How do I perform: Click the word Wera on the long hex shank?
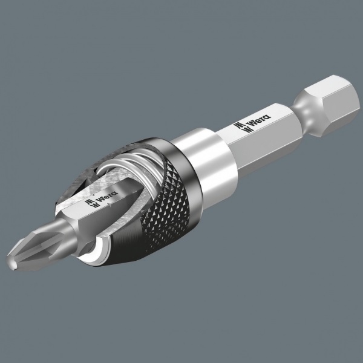260,120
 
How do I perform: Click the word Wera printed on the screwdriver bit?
108,195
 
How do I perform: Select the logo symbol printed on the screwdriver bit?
91,204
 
